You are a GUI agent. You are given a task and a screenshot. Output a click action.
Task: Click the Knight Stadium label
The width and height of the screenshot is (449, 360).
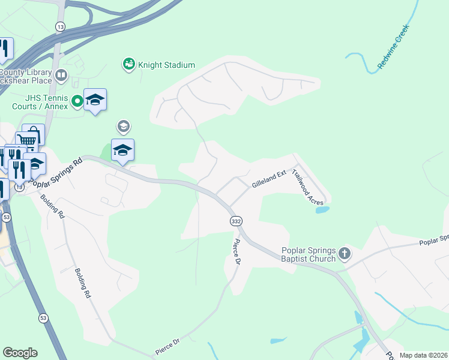click(x=167, y=65)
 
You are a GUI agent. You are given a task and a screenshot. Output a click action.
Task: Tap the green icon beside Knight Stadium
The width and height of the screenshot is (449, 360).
click(x=128, y=64)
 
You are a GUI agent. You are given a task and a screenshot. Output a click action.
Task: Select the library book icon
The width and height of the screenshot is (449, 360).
click(x=61, y=76)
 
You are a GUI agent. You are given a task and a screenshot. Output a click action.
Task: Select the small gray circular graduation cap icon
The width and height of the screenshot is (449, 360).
click(x=124, y=127)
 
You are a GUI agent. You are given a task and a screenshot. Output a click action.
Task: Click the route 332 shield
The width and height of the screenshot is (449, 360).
click(x=237, y=221)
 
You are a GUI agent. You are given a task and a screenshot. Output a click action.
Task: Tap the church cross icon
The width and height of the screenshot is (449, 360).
click(x=345, y=253)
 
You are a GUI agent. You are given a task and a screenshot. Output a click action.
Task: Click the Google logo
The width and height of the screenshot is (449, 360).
click(x=20, y=353)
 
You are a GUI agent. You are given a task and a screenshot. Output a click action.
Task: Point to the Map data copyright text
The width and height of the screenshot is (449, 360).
click(x=424, y=355)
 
